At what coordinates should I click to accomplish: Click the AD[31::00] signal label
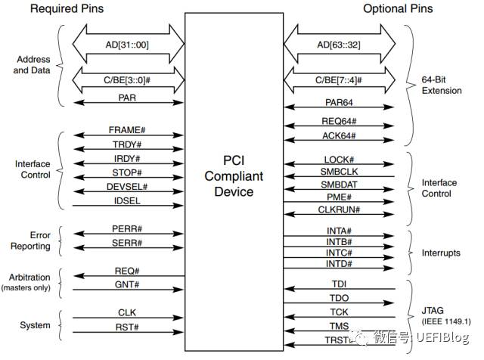click(127, 45)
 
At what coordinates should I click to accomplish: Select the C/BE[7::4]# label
click(339, 80)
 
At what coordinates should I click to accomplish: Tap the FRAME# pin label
click(127, 130)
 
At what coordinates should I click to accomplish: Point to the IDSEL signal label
click(127, 201)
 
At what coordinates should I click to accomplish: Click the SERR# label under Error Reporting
click(127, 243)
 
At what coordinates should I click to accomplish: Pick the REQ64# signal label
click(339, 121)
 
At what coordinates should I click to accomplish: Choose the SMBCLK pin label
click(339, 172)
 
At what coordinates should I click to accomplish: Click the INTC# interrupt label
click(339, 253)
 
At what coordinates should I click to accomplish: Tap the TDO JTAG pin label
click(339, 298)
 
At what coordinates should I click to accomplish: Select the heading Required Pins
click(67, 8)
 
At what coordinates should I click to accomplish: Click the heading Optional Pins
click(398, 8)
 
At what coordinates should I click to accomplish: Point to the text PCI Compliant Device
click(234, 176)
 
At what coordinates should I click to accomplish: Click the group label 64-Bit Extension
click(442, 85)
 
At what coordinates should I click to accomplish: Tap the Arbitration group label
click(29, 278)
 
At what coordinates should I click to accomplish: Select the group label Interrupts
click(441, 253)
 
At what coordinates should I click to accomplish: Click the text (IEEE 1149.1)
click(446, 321)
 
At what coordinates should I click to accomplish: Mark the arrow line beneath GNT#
click(128, 290)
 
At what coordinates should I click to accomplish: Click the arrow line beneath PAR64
click(339, 107)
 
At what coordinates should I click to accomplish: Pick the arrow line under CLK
click(128, 318)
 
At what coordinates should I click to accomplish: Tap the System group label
click(35, 325)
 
